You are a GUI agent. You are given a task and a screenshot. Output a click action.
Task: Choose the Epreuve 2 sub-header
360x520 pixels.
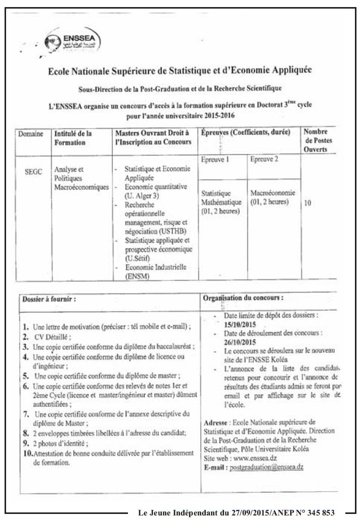click(x=264, y=159)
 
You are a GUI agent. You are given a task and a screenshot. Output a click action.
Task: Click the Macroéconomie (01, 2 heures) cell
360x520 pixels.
click(x=273, y=197)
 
